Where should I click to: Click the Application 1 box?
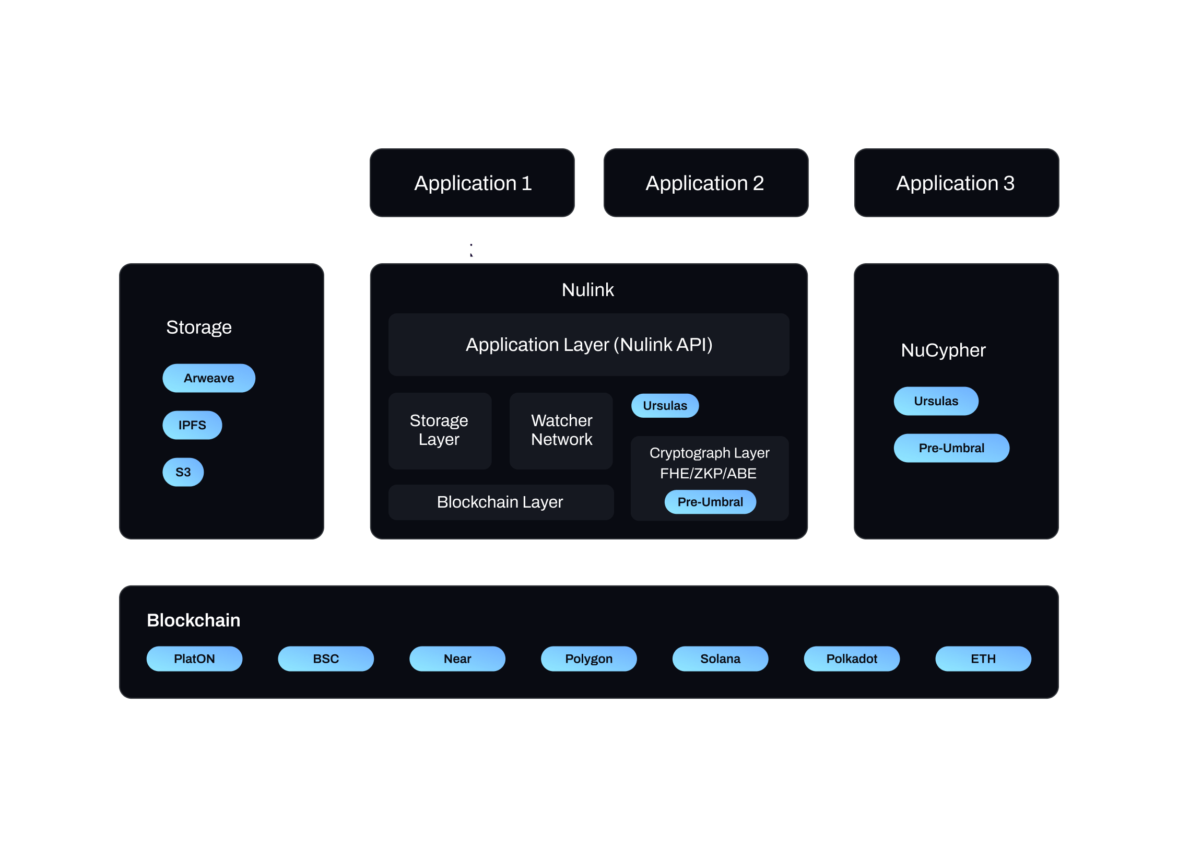[x=472, y=183]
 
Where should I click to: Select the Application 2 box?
[x=705, y=183]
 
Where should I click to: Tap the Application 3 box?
[x=956, y=183]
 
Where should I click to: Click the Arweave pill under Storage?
[x=209, y=378]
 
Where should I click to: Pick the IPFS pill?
[x=192, y=425]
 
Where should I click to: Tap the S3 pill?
[x=183, y=472]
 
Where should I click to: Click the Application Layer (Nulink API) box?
[x=588, y=345]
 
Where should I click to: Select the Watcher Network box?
[x=561, y=430]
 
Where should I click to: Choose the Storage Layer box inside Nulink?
[x=439, y=430]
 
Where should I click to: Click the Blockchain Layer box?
[x=500, y=502]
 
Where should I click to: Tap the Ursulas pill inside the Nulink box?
[x=665, y=406]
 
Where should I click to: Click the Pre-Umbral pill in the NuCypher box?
[x=951, y=448]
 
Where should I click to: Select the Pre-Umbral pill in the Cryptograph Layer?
[x=710, y=502]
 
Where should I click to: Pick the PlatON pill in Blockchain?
[x=194, y=659]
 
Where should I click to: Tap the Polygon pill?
[x=588, y=659]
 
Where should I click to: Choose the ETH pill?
[x=983, y=659]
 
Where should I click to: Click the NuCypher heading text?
[x=943, y=350]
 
